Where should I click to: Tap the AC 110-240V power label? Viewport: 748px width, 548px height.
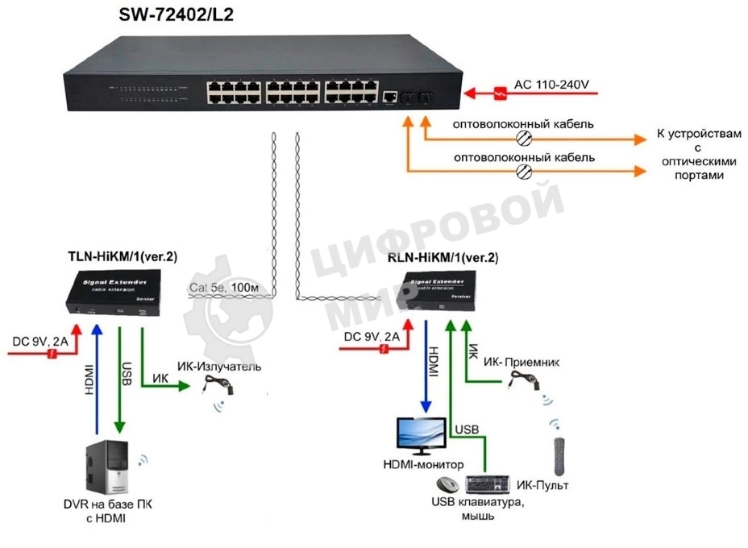(552, 85)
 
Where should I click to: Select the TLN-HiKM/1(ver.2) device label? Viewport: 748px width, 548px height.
(122, 257)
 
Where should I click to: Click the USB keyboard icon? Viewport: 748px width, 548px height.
(489, 484)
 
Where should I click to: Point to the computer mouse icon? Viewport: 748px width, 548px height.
(445, 485)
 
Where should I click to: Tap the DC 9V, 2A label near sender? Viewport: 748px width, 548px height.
(38, 339)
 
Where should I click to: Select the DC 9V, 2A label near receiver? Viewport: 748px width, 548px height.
(370, 336)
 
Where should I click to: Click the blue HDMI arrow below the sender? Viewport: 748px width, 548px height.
(97, 379)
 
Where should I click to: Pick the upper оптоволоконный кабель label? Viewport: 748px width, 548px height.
(523, 125)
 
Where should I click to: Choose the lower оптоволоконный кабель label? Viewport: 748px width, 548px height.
(523, 157)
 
